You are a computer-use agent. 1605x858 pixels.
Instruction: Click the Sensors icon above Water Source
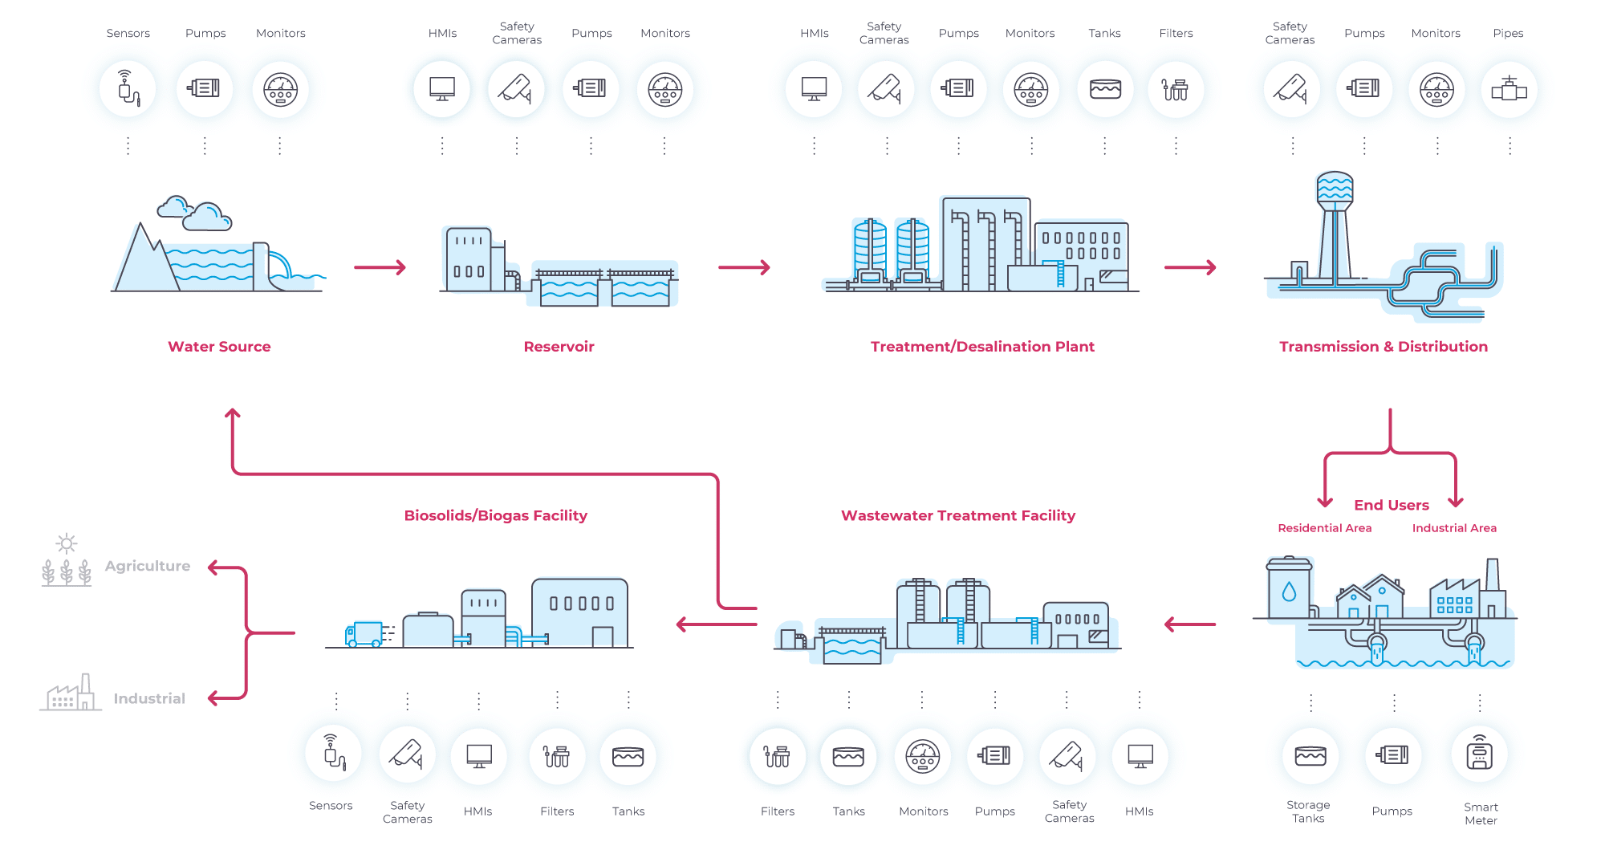(x=128, y=88)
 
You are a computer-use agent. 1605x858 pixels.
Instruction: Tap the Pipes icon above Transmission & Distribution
(x=1509, y=88)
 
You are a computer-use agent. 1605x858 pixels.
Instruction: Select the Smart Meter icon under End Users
(x=1479, y=755)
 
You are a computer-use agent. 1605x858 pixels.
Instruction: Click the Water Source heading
(x=219, y=347)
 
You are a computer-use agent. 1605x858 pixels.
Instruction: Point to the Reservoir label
(x=559, y=347)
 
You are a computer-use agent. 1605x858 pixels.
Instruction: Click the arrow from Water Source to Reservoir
(x=380, y=267)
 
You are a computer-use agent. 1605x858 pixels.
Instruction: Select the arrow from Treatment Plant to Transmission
(x=1190, y=267)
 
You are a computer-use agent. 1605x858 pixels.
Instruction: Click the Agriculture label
(x=148, y=566)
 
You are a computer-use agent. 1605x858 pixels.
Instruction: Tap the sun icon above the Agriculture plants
(x=67, y=543)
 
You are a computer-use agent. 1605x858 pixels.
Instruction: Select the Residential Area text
(x=1324, y=528)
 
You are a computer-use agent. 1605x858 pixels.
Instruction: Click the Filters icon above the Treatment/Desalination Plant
(x=1175, y=88)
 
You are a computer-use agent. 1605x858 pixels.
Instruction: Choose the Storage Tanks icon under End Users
(x=1310, y=755)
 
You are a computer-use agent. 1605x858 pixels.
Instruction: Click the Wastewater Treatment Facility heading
(x=957, y=515)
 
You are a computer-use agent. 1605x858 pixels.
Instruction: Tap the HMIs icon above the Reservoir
(x=441, y=88)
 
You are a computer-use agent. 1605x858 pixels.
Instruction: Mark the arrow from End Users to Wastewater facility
(x=1190, y=624)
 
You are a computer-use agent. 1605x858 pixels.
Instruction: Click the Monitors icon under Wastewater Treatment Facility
(x=923, y=755)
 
